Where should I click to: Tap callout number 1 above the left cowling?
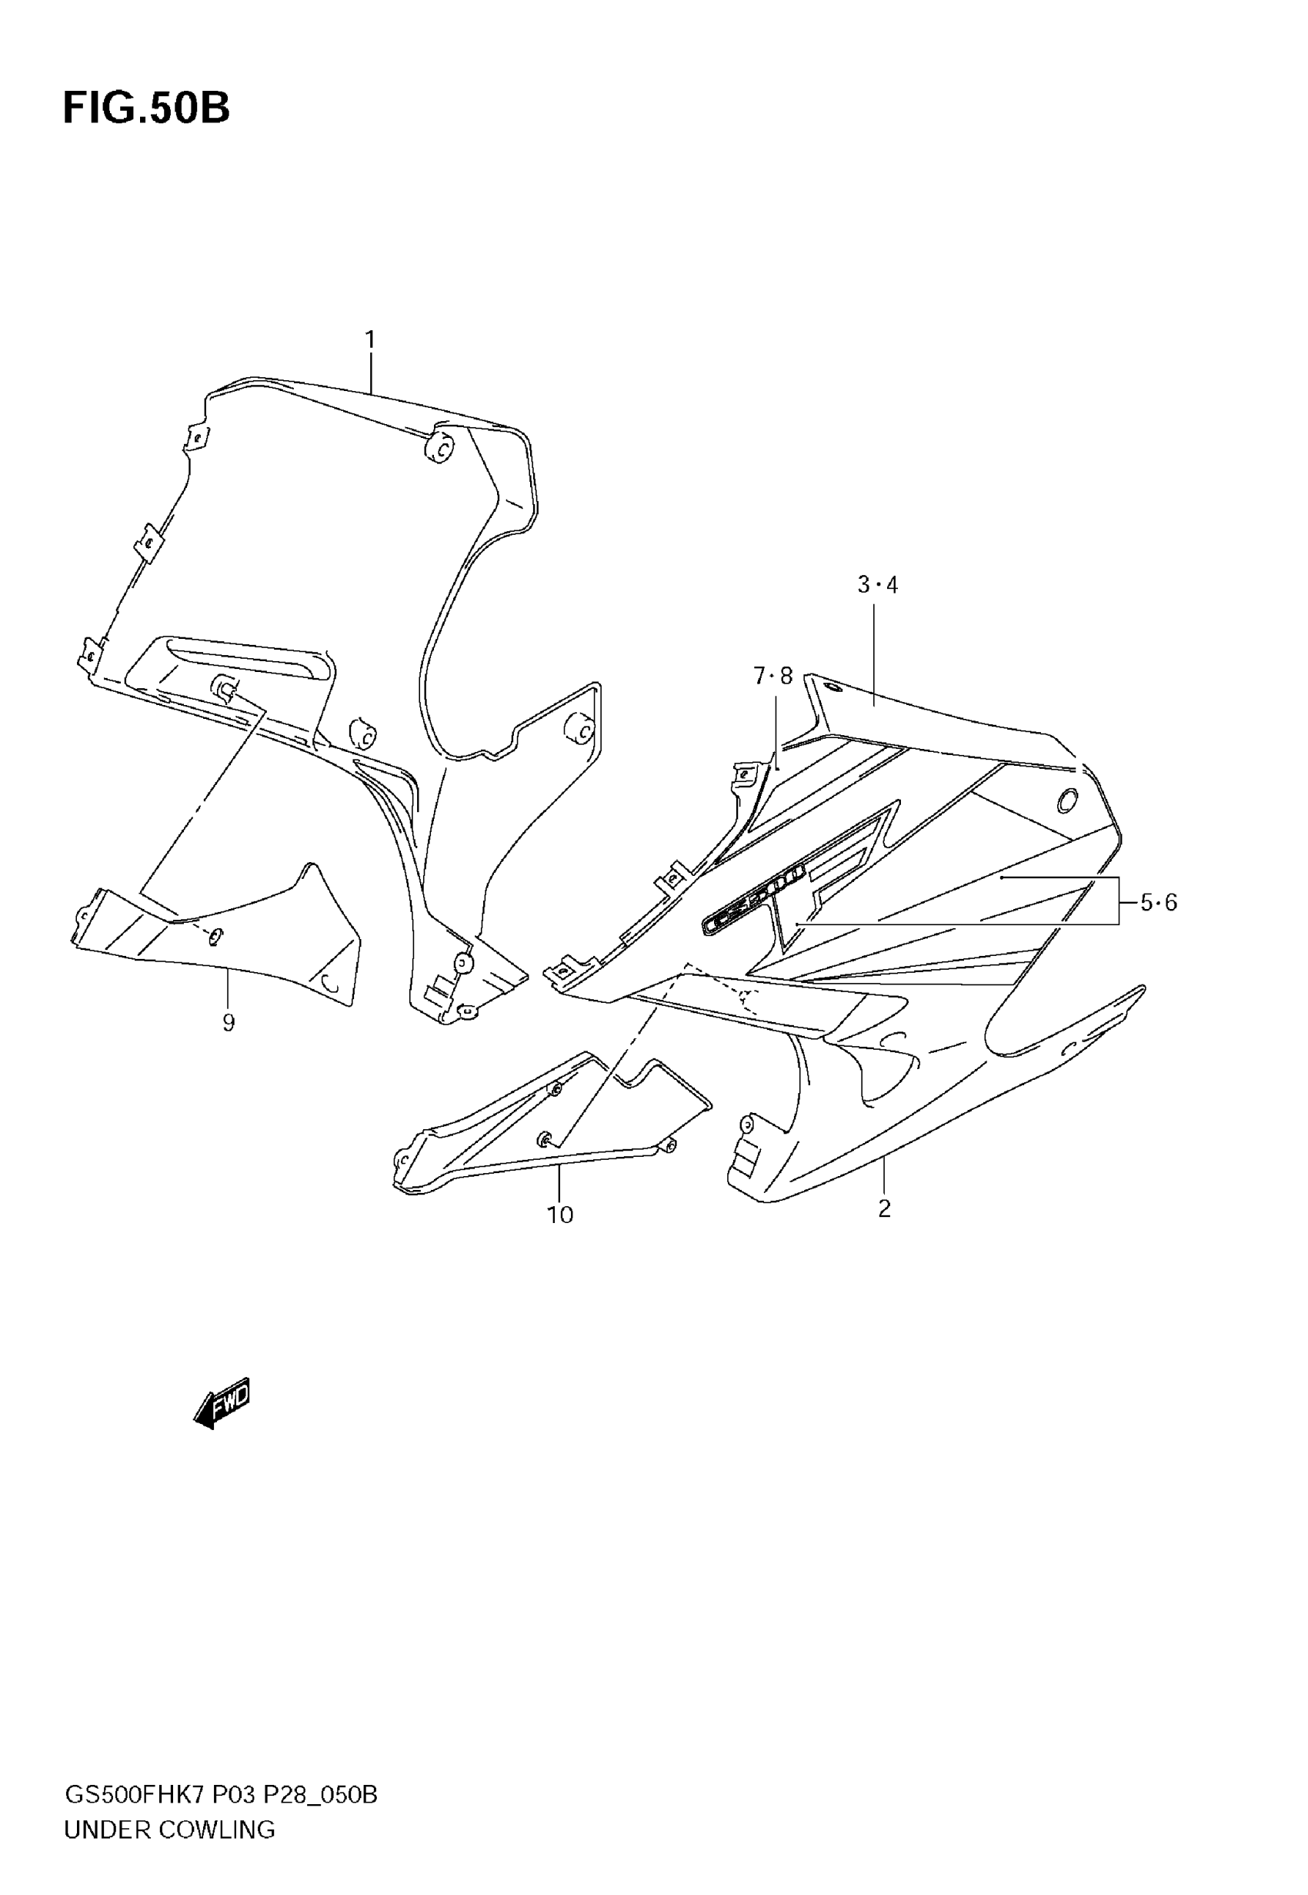point(369,339)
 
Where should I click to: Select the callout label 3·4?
point(877,585)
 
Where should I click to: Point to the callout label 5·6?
point(1158,902)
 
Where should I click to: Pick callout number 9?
point(228,1022)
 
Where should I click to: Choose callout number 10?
point(561,1215)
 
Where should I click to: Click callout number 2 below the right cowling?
point(884,1208)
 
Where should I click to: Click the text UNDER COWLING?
point(169,1830)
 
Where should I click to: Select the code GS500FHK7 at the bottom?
point(135,1795)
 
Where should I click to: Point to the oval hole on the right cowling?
point(1067,800)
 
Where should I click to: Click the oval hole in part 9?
point(215,935)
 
